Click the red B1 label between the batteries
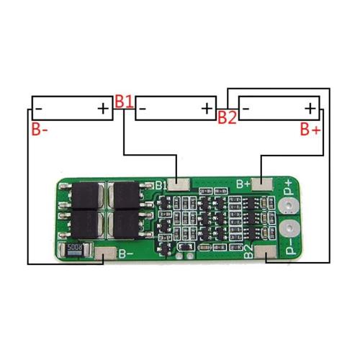click(124, 102)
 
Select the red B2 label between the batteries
click(228, 117)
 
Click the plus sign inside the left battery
click(103, 109)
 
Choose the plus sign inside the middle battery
click(207, 109)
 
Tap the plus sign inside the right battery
click(310, 109)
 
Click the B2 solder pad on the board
click(265, 253)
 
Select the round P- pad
click(290, 231)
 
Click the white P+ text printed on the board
click(289, 189)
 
